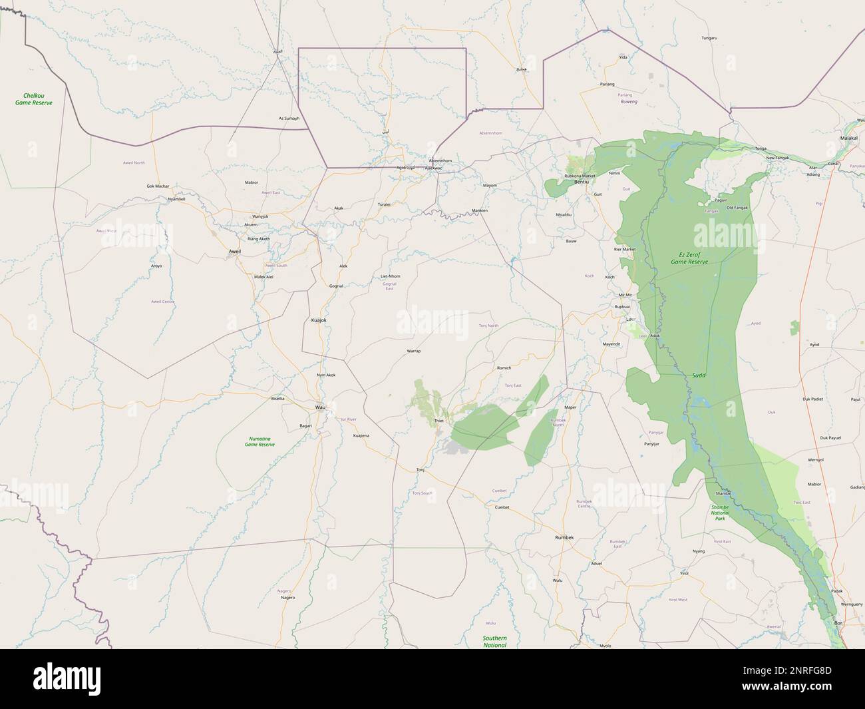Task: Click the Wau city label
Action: click(319, 407)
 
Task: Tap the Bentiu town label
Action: click(582, 182)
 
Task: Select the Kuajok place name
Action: click(319, 320)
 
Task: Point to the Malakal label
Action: click(849, 137)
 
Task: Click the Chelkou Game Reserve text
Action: click(33, 99)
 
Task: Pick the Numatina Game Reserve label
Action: click(259, 441)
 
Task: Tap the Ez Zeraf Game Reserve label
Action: click(689, 258)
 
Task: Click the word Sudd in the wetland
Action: click(699, 375)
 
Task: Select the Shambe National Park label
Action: click(720, 512)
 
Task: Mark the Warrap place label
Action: click(413, 350)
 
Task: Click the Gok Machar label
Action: click(158, 186)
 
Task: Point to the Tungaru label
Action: click(709, 38)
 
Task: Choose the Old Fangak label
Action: click(737, 208)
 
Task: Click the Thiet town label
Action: click(438, 421)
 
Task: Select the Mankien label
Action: click(479, 210)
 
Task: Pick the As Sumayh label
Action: click(289, 118)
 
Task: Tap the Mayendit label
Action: click(611, 344)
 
